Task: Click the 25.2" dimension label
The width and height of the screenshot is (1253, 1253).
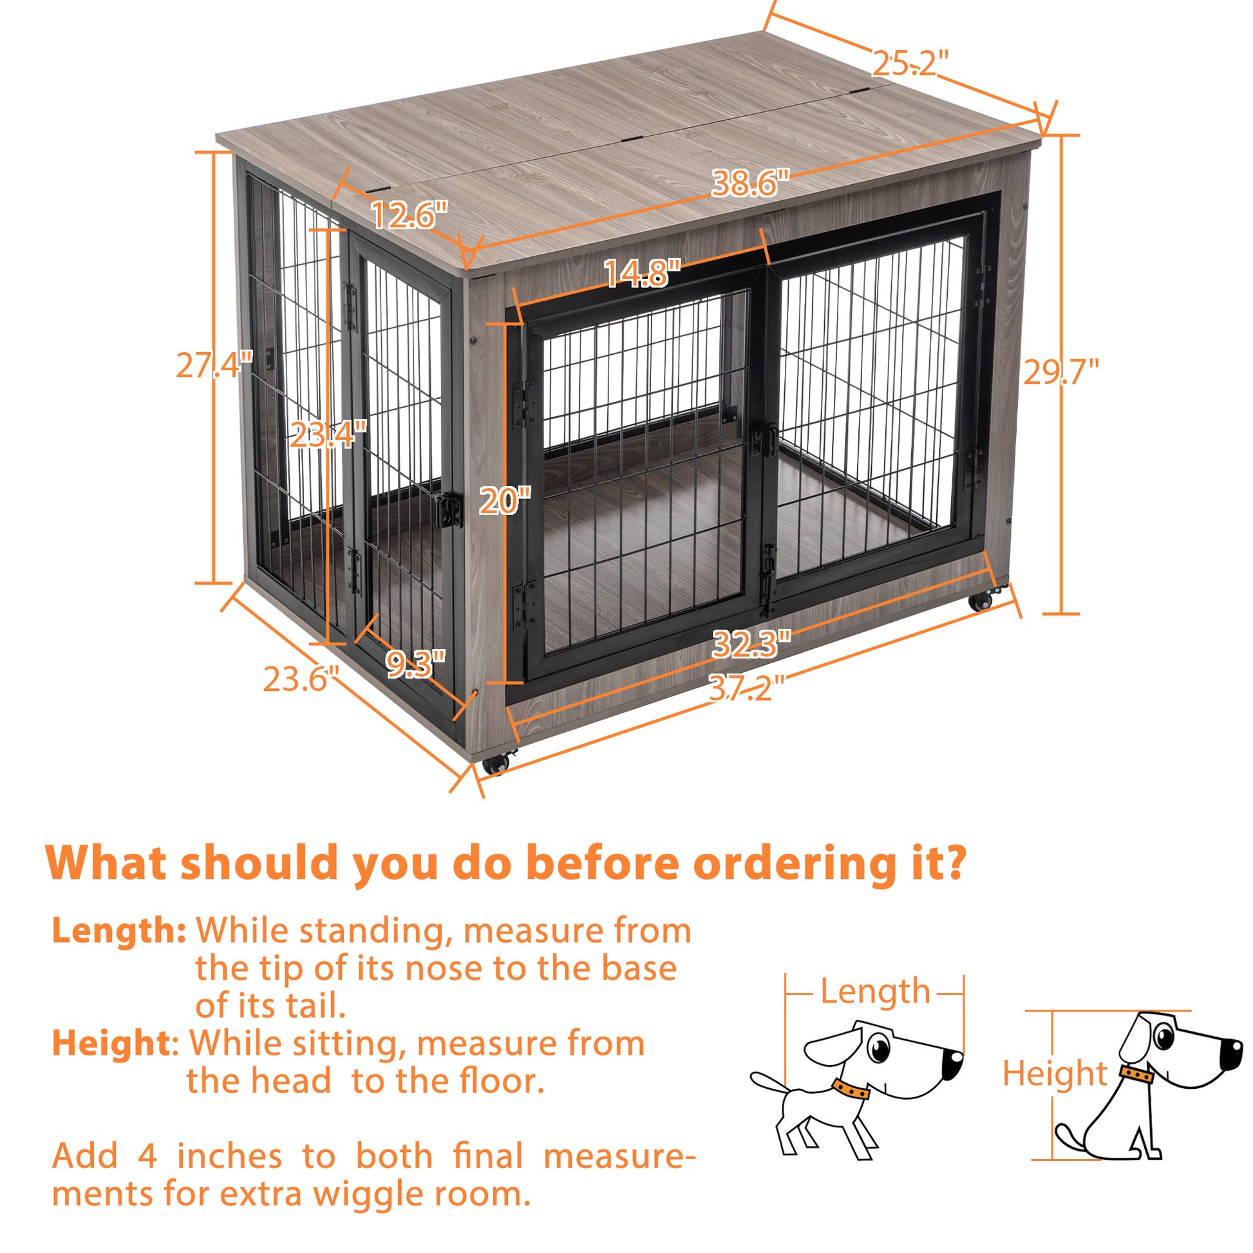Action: (909, 64)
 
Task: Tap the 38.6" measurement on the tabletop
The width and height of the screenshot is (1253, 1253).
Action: (750, 184)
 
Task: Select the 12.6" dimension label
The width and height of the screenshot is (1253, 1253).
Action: (409, 214)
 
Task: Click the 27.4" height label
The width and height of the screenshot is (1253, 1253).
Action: (214, 366)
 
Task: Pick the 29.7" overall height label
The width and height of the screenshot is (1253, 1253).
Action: (1061, 372)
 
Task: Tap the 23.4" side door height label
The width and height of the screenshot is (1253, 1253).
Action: (328, 435)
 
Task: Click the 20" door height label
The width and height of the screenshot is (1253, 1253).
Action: (505, 502)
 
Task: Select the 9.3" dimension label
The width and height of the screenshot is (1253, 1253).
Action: (416, 663)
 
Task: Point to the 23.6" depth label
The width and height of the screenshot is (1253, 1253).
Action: (301, 680)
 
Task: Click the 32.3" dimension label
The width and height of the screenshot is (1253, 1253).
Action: (751, 644)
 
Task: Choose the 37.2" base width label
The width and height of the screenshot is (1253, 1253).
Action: (746, 688)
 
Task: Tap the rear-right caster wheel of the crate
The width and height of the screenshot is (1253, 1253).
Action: (982, 601)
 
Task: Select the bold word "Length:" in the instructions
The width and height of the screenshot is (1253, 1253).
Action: (119, 930)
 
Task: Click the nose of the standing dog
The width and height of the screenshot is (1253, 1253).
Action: (952, 1064)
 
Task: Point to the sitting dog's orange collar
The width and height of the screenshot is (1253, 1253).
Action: (1137, 1074)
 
